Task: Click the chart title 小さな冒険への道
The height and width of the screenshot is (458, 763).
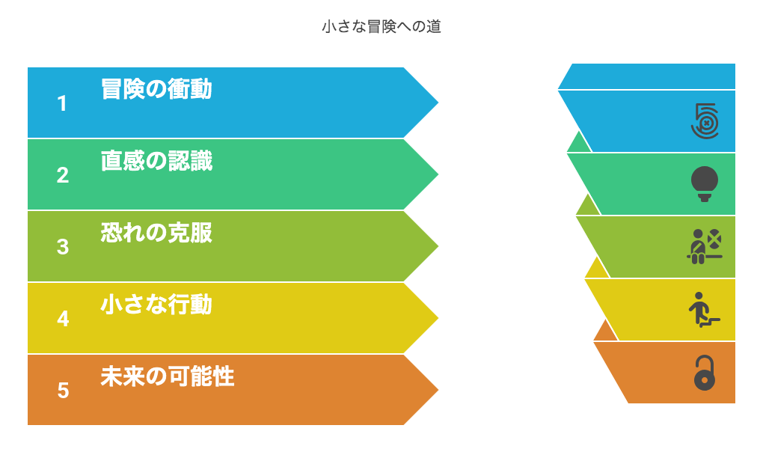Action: coord(381,26)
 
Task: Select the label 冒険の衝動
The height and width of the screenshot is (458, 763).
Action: coord(156,89)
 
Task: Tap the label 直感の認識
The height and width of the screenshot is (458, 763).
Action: coord(156,161)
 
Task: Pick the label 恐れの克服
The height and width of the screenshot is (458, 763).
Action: coord(156,233)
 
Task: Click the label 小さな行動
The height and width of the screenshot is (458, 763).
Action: coord(156,305)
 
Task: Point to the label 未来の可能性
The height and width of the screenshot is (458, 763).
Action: coord(168,376)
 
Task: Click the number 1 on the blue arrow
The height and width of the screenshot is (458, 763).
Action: coord(62,103)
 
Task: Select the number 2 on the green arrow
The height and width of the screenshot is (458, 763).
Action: coord(62,175)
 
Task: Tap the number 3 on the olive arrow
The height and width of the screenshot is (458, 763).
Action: coord(62,247)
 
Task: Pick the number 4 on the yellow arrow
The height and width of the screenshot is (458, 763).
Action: coord(63,319)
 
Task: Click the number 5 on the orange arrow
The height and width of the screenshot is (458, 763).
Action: coord(63,391)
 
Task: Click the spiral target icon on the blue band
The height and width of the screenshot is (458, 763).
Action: coord(705,121)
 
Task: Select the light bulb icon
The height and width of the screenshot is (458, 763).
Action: coord(705,184)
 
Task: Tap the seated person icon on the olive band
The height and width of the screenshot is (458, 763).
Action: coord(704,246)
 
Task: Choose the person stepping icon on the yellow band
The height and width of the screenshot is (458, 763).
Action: coord(704,310)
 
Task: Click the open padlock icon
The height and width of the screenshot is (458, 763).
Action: coord(705,373)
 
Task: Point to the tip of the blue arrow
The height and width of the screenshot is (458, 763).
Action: coord(438,103)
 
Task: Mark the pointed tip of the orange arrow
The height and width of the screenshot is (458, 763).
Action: coord(438,390)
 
